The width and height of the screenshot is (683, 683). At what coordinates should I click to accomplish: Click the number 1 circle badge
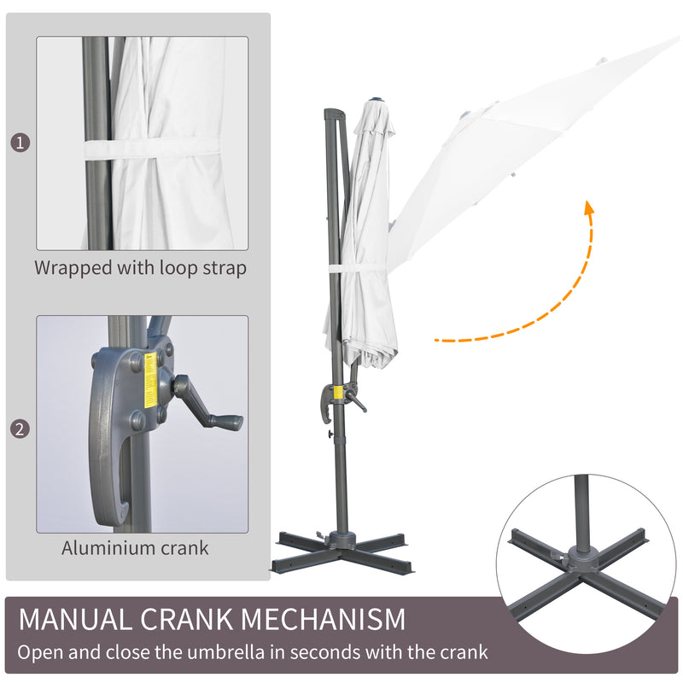click(x=20, y=142)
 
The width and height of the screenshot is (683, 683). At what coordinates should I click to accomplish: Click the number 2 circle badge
click(x=20, y=429)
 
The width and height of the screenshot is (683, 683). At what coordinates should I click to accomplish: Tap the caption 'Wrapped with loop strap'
click(x=141, y=267)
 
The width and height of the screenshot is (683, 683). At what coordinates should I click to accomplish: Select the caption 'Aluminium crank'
click(x=135, y=547)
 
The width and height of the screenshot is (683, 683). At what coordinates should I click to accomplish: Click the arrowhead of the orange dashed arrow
click(x=588, y=208)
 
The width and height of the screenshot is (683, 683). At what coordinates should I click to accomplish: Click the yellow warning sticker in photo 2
click(x=150, y=372)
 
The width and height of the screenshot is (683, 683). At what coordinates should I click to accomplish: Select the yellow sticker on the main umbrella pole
click(x=337, y=394)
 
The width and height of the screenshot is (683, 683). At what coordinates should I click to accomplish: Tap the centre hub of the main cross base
click(x=346, y=540)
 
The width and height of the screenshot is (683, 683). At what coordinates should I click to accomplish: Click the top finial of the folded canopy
click(x=377, y=99)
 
